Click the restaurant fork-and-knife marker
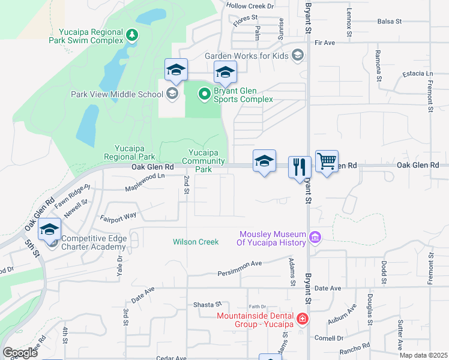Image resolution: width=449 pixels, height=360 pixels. (x=300, y=166)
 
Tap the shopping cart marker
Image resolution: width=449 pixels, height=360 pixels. (x=327, y=161)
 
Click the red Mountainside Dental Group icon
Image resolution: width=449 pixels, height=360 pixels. (x=303, y=319)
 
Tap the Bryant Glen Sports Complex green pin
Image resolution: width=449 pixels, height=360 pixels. (x=204, y=94)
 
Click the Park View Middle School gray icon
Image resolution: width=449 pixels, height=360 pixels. (x=172, y=94)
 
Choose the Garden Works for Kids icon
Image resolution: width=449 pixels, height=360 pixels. (x=297, y=55)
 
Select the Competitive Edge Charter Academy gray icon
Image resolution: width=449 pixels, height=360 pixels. (x=53, y=242)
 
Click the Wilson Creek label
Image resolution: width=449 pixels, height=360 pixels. (x=196, y=242)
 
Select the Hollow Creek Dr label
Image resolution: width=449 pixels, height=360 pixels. (x=250, y=5)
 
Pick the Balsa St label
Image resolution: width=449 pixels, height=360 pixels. (x=390, y=21)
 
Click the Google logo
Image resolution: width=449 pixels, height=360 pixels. (x=20, y=353)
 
